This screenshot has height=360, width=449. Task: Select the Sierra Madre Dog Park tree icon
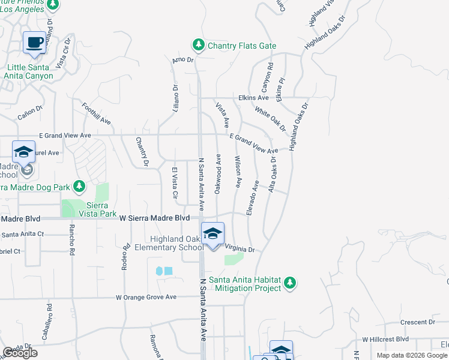click(x=79, y=185)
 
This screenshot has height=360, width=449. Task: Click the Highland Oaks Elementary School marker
click(x=212, y=234)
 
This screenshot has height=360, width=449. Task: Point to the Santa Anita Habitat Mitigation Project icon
click(x=290, y=282)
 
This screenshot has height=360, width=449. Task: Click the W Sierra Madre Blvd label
click(x=155, y=218)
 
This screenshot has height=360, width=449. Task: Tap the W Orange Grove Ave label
click(x=146, y=297)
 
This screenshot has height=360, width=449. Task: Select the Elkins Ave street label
click(x=254, y=97)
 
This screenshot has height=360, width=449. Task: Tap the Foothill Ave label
click(x=97, y=112)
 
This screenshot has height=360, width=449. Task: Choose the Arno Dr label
click(x=183, y=60)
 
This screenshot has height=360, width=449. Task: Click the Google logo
click(x=20, y=353)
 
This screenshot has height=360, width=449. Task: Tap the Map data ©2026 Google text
click(x=412, y=355)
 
